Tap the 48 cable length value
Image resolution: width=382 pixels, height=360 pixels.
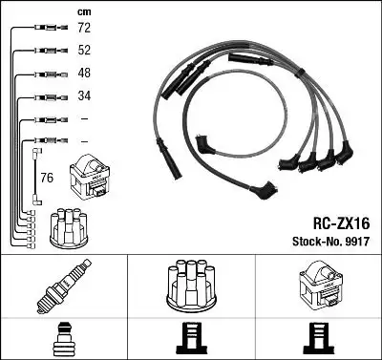pos(85,74)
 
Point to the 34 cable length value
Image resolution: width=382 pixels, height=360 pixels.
pos(85,95)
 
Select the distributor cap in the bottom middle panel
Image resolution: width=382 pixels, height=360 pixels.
pos(191,283)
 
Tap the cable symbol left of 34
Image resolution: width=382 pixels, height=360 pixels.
pos(44,96)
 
